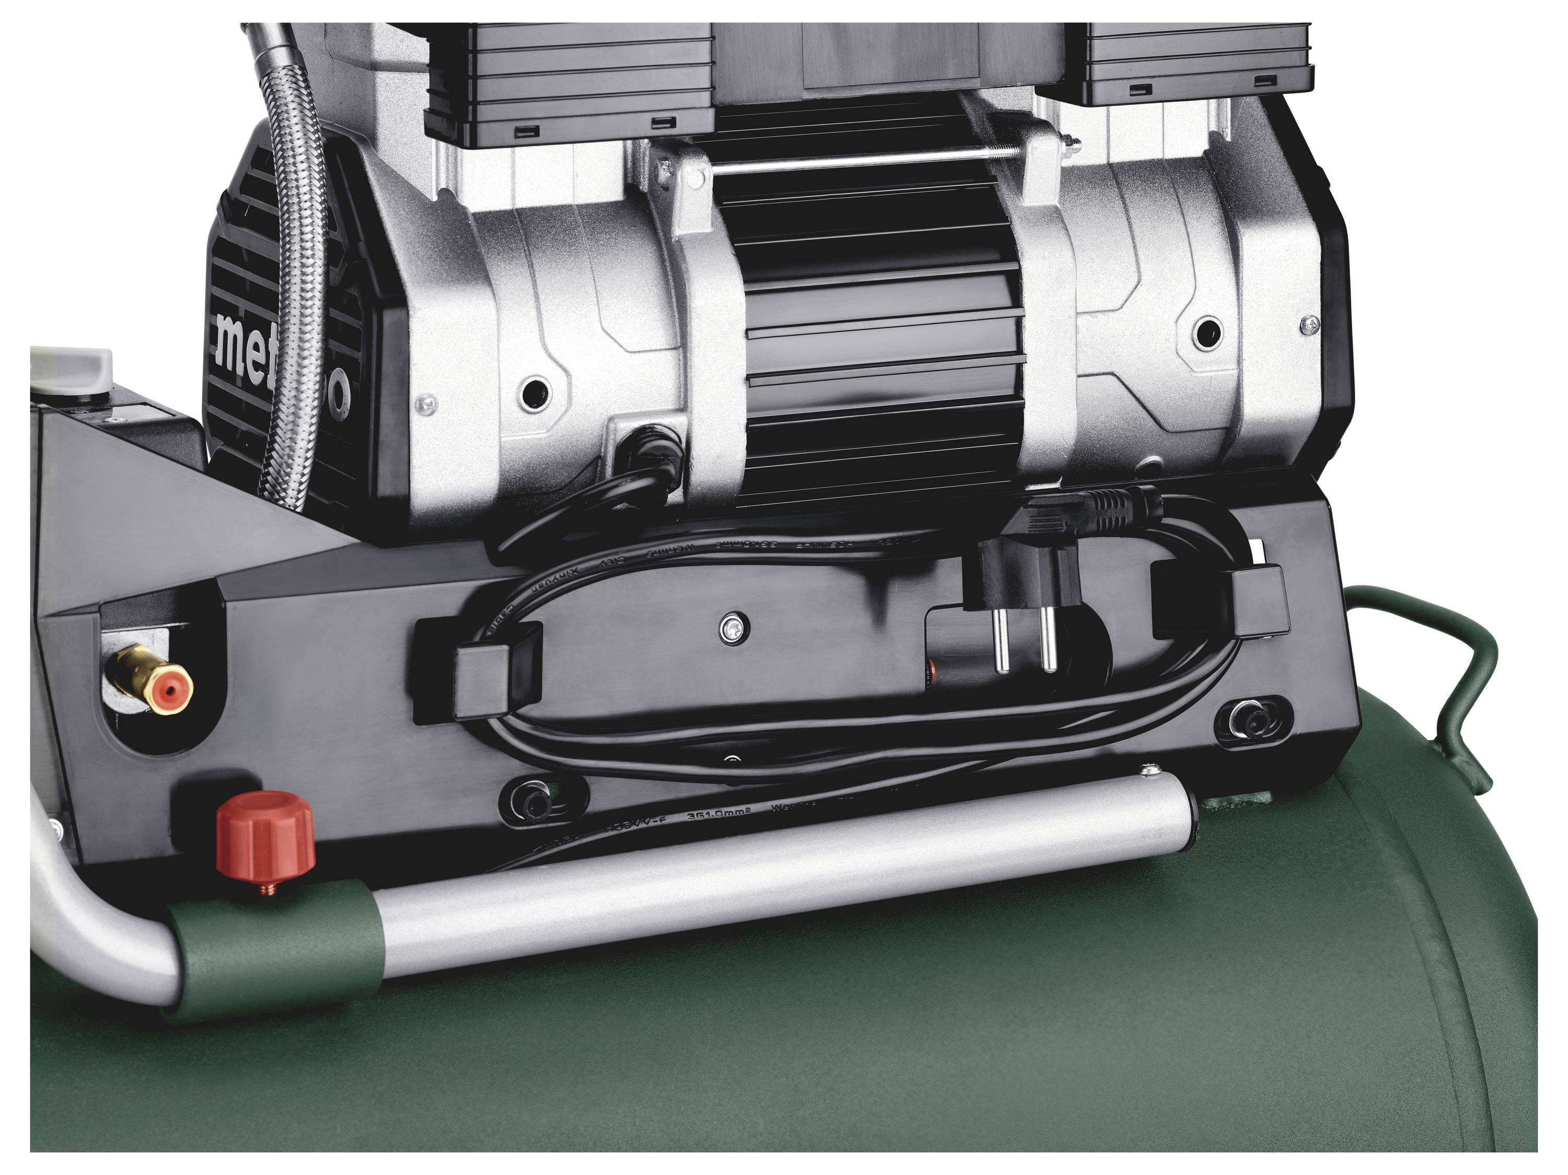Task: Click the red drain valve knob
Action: tap(265, 833)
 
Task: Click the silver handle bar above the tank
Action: tap(780, 886)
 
